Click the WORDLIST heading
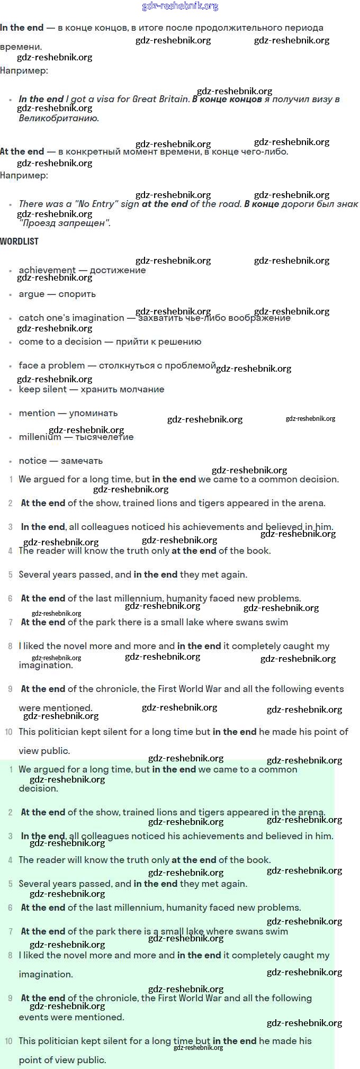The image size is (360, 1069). point(19,241)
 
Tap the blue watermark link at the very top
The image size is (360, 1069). point(180,6)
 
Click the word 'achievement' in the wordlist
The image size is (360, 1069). point(47,270)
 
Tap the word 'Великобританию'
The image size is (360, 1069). point(59,118)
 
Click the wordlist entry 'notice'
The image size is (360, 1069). point(33,461)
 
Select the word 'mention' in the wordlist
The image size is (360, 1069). point(37,413)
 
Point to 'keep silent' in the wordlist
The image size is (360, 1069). point(43,389)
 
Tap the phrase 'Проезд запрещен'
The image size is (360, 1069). point(65,223)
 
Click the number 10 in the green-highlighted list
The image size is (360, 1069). point(9,1041)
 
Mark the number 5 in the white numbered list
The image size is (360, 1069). point(11,574)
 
